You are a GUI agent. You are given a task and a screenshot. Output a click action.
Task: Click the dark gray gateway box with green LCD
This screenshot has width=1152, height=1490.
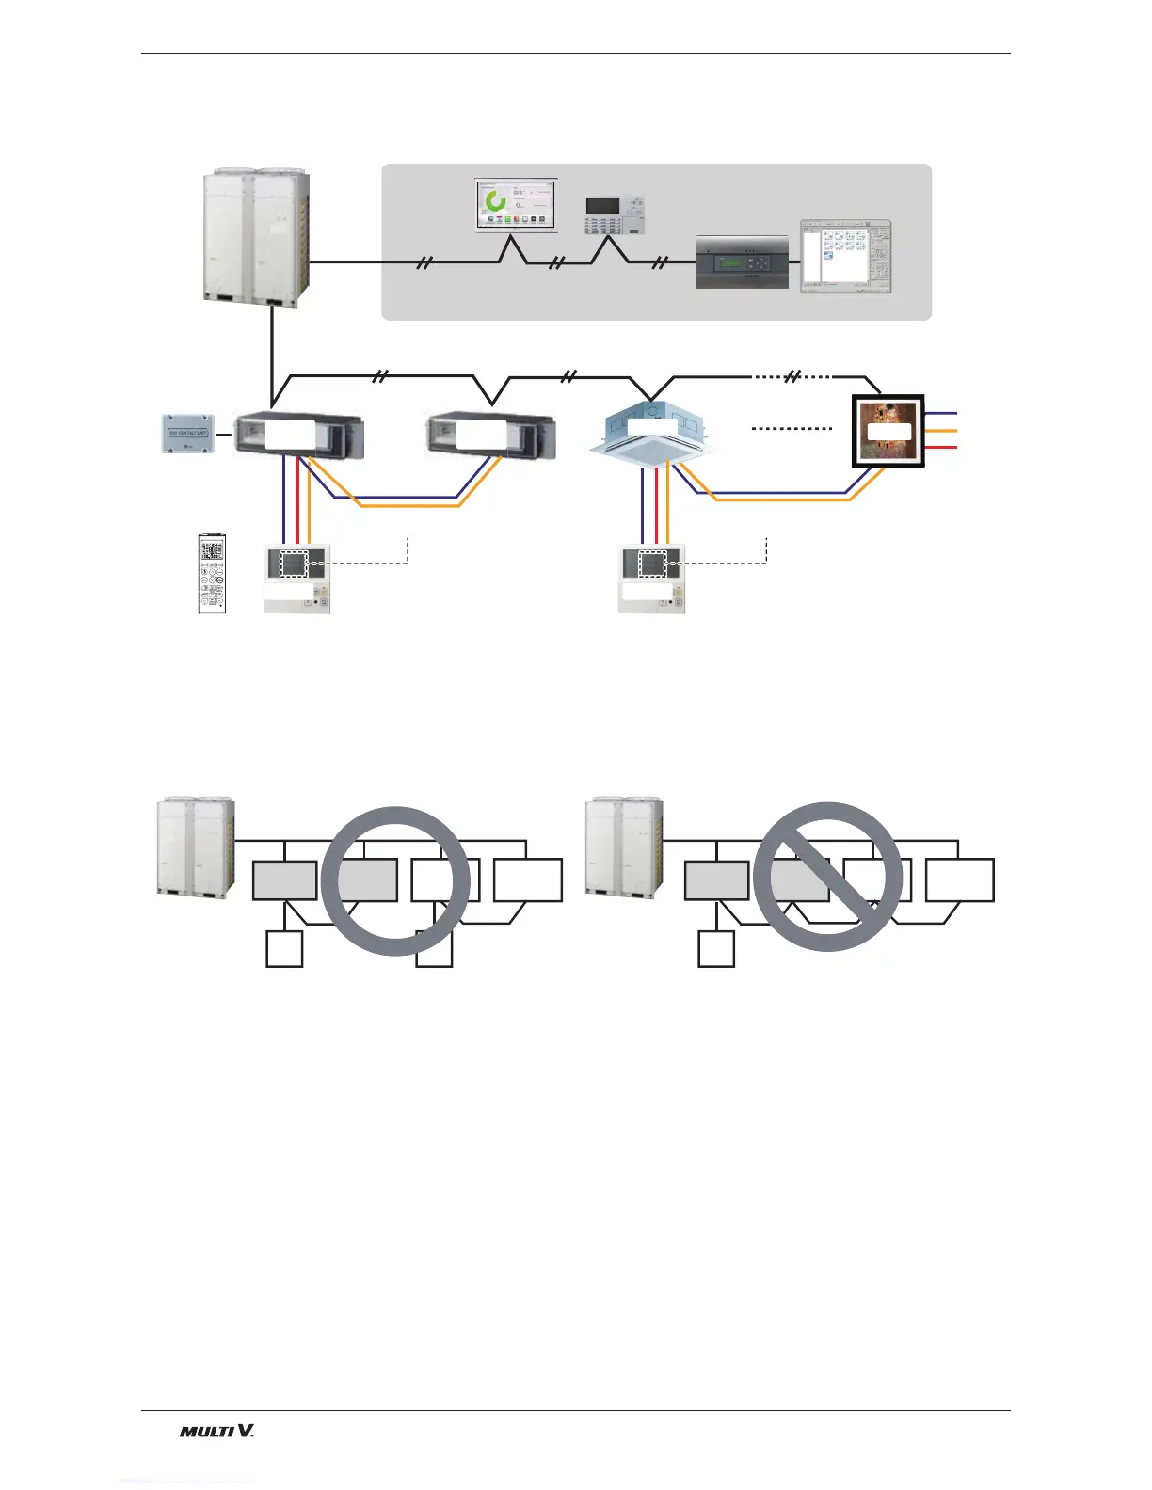[x=742, y=262]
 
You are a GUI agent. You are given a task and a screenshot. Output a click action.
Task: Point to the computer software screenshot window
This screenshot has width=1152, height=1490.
[x=844, y=257]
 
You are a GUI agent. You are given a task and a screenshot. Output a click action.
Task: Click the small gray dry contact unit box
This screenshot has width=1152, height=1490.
[x=188, y=434]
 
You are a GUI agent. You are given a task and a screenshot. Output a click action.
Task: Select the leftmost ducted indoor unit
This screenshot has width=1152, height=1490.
[x=296, y=436]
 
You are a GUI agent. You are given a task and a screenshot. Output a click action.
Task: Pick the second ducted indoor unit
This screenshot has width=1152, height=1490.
[x=490, y=436]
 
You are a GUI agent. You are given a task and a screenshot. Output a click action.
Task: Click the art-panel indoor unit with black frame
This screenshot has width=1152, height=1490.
[x=888, y=431]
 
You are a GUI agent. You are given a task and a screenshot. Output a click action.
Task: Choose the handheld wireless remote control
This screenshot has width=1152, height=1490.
[x=213, y=574]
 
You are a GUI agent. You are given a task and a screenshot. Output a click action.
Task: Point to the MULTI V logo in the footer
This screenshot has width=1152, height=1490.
[x=216, y=1431]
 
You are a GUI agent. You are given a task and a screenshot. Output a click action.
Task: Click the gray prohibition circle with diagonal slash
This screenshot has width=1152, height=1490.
[x=828, y=877]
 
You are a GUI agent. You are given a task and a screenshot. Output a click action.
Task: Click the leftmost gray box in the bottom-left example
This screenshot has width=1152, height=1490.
[x=284, y=880]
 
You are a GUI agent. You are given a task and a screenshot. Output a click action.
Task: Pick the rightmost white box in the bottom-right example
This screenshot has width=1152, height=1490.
[x=959, y=880]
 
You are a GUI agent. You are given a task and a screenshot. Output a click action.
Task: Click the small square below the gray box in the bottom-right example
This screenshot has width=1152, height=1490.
[x=715, y=948]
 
